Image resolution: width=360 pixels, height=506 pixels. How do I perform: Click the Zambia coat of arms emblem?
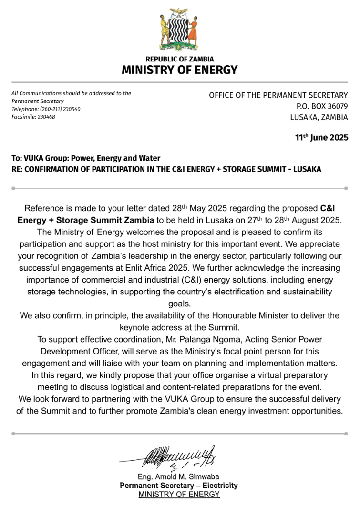[x=179, y=30]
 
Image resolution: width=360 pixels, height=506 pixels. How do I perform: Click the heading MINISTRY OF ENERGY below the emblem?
[x=179, y=70]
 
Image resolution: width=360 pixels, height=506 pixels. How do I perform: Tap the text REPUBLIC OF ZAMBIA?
[x=179, y=59]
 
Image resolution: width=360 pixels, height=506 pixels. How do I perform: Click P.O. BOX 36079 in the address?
[x=322, y=106]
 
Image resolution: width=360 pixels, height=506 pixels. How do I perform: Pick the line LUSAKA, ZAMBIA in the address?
[x=319, y=117]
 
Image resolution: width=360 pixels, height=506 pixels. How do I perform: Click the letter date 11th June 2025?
[x=321, y=138]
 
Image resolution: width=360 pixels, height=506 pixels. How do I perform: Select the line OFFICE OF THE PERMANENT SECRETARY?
[x=278, y=95]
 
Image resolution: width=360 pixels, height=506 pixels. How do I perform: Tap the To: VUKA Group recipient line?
[x=86, y=158]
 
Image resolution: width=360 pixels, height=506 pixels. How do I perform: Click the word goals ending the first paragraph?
[x=179, y=304]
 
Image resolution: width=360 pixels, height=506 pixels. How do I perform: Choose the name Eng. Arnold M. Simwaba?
[x=178, y=477]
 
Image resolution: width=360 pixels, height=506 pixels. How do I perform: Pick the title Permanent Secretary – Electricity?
[x=178, y=486]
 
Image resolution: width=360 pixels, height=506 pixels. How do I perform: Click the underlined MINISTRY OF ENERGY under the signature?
[x=179, y=495]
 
